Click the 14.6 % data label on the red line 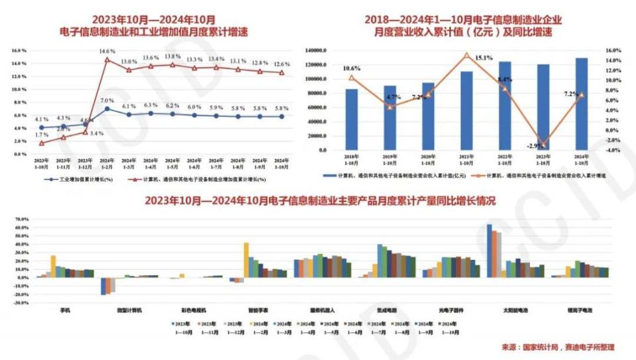coord(107,51)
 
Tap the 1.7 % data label coord(41,135)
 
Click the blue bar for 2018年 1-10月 coord(352,119)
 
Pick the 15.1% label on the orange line coord(484,58)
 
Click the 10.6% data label coord(352,68)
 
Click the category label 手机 coord(65,310)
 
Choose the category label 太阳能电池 coord(515,310)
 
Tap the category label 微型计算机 coord(119,310)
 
